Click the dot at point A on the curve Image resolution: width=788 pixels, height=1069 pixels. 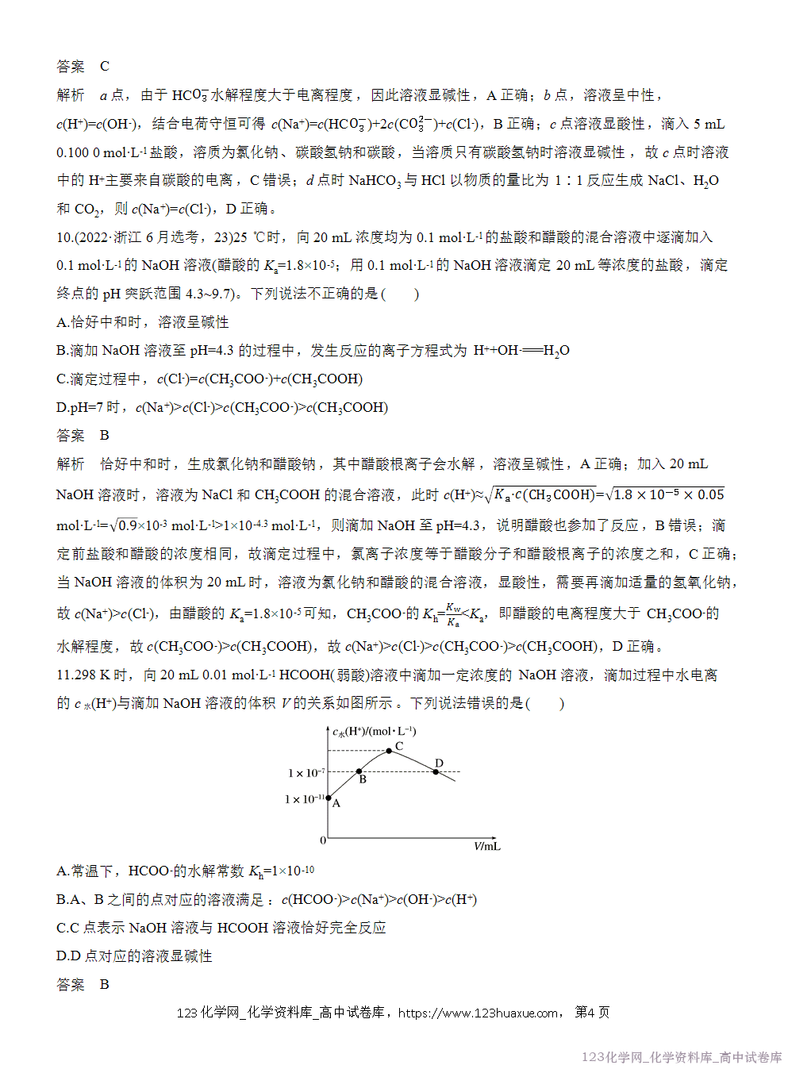[329, 798]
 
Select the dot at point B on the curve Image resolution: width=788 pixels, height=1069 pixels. [359, 771]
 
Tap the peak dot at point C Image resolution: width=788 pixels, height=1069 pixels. [389, 751]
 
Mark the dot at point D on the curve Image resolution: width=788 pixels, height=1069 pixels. [436, 771]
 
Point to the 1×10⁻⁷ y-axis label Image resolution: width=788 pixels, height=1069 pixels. [306, 773]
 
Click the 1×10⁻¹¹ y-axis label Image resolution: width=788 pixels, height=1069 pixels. [304, 799]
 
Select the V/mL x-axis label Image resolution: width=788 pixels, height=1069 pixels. [486, 846]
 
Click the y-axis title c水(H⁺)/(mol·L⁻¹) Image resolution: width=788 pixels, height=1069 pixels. [374, 732]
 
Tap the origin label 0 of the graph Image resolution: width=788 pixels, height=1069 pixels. [323, 840]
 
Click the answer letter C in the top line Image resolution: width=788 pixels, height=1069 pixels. [105, 67]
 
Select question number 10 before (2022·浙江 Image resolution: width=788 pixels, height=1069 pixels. [64, 237]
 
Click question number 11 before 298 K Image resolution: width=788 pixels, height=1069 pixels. [64, 675]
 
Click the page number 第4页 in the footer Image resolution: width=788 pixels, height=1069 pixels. [592, 1013]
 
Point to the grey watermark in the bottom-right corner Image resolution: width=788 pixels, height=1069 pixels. [681, 1057]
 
